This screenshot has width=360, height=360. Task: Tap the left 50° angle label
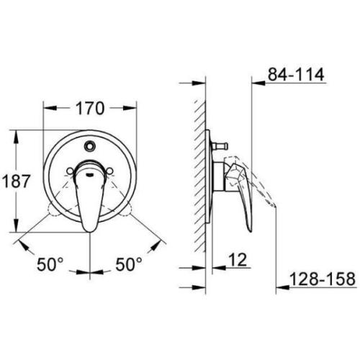(50, 266)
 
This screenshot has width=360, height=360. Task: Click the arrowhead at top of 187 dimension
(17, 134)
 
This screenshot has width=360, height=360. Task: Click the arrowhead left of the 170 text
(51, 109)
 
